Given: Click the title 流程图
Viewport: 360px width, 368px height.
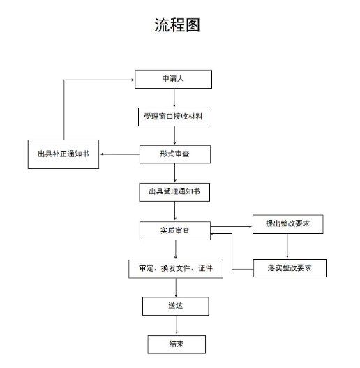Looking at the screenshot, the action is tap(177, 25).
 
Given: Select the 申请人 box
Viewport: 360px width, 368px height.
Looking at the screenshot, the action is tap(173, 79).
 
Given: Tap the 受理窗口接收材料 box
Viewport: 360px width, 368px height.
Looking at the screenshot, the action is tap(174, 117).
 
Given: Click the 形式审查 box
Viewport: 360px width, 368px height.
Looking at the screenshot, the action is tap(175, 154).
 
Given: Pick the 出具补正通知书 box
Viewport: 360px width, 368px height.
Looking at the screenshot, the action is tap(63, 154).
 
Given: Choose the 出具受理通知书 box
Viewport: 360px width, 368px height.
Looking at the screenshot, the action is tap(174, 192).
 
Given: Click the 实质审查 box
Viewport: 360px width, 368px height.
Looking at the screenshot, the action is tap(175, 230).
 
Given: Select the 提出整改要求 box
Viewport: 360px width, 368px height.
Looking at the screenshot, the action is tap(287, 224).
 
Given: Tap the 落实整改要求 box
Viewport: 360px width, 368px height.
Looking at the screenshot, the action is tap(290, 268).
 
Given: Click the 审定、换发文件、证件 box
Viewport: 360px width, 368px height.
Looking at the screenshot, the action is tap(176, 269).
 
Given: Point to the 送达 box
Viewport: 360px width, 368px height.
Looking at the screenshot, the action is tap(175, 306).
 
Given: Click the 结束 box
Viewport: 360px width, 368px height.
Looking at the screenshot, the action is tap(177, 344).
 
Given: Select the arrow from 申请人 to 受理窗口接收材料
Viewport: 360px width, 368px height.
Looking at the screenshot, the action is tap(174, 98).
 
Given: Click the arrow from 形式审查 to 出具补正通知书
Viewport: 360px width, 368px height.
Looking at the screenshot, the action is tap(120, 154).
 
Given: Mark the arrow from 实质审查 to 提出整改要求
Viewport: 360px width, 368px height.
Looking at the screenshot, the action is tap(231, 227).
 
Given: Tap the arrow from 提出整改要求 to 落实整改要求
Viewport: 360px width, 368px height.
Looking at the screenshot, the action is tap(287, 246).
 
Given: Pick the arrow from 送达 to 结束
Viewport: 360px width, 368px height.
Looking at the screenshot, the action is tap(177, 325).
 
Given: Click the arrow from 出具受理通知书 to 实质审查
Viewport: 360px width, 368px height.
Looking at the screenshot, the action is tap(174, 211).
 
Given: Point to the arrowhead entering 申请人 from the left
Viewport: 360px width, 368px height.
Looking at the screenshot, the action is tap(133, 80).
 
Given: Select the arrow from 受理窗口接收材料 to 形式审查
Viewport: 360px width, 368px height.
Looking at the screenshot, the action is tap(174, 135).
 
